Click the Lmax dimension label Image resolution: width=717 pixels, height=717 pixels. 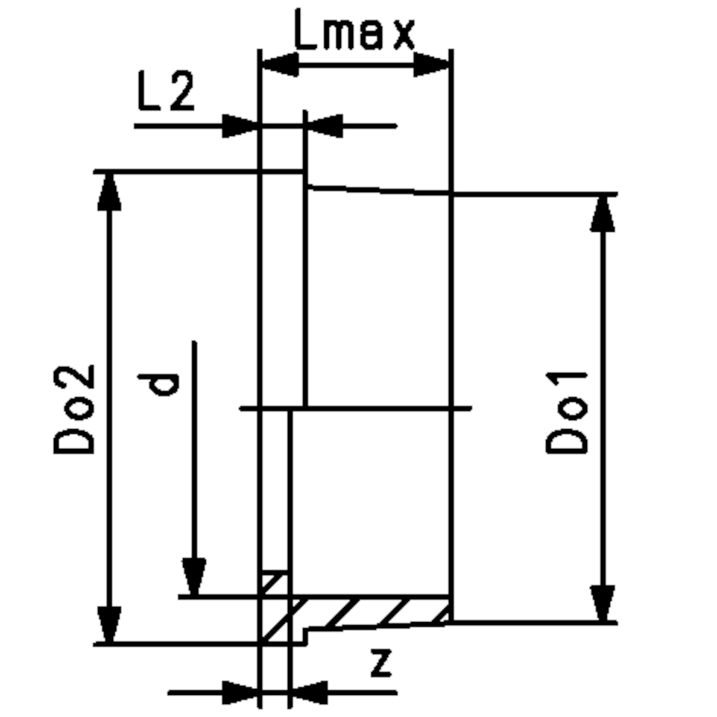tap(354, 30)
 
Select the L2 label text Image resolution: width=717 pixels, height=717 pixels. tap(166, 91)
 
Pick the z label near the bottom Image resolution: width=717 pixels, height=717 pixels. tap(381, 662)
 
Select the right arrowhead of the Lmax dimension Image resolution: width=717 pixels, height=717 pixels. tap(432, 65)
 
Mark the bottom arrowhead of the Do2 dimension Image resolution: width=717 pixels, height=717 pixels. tap(109, 625)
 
